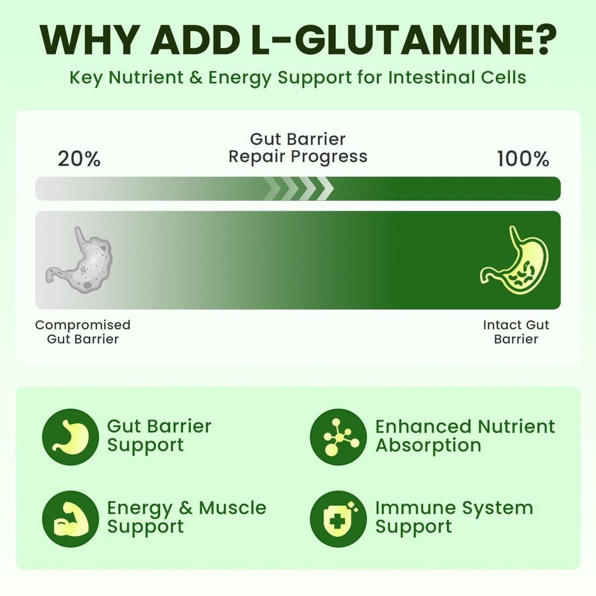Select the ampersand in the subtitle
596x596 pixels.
pyautogui.click(x=195, y=77)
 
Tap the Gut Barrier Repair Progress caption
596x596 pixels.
pyautogui.click(x=298, y=147)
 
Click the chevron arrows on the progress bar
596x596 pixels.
pyautogui.click(x=299, y=189)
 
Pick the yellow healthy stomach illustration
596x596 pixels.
pyautogui.click(x=514, y=260)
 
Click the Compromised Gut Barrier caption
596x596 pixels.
pyautogui.click(x=83, y=332)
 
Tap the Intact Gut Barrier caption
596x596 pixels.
pyautogui.click(x=516, y=332)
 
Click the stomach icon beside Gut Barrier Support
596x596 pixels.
pyautogui.click(x=70, y=437)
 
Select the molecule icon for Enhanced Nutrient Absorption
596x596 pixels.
pyautogui.click(x=338, y=437)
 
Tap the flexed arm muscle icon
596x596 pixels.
pyautogui.click(x=70, y=519)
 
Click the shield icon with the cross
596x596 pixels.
pyautogui.click(x=338, y=519)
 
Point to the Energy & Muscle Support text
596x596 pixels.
pyautogui.click(x=187, y=517)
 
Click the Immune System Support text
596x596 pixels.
pyautogui.click(x=454, y=517)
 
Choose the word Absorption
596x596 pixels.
pyautogui.click(x=428, y=445)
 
